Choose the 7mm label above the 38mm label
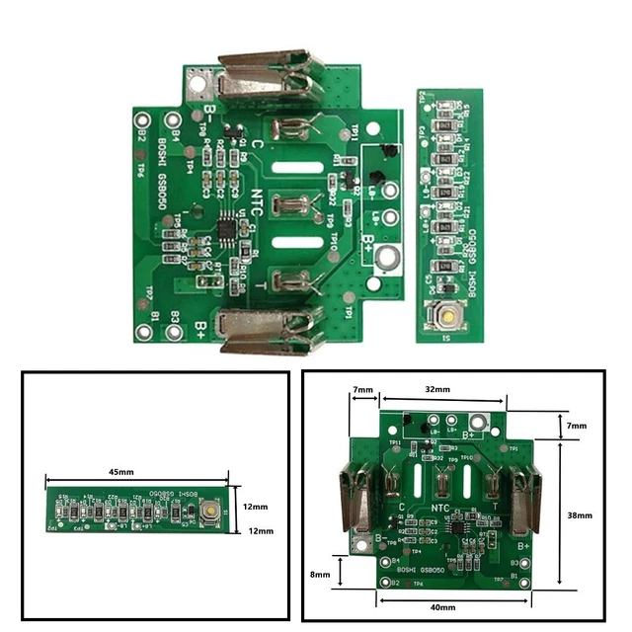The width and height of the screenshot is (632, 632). click(x=578, y=426)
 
